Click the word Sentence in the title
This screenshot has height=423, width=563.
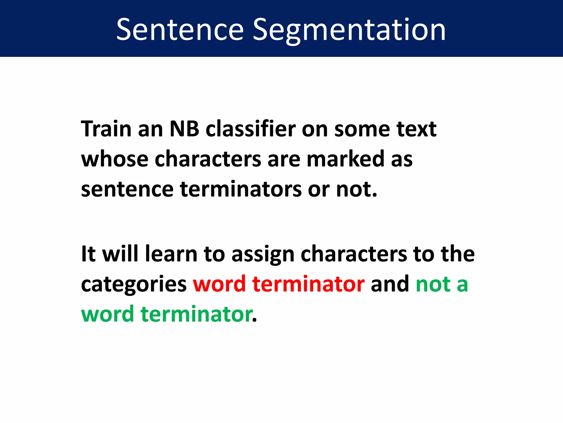pos(180,29)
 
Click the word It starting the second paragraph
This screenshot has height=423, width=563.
pos(88,254)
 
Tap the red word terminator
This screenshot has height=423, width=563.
pos(308,284)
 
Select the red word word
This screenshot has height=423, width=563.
pos(219,284)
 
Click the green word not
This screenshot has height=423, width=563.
pos(433,284)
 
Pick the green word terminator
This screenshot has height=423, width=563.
pos(197,314)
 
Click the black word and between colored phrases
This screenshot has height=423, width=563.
pos(390,284)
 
